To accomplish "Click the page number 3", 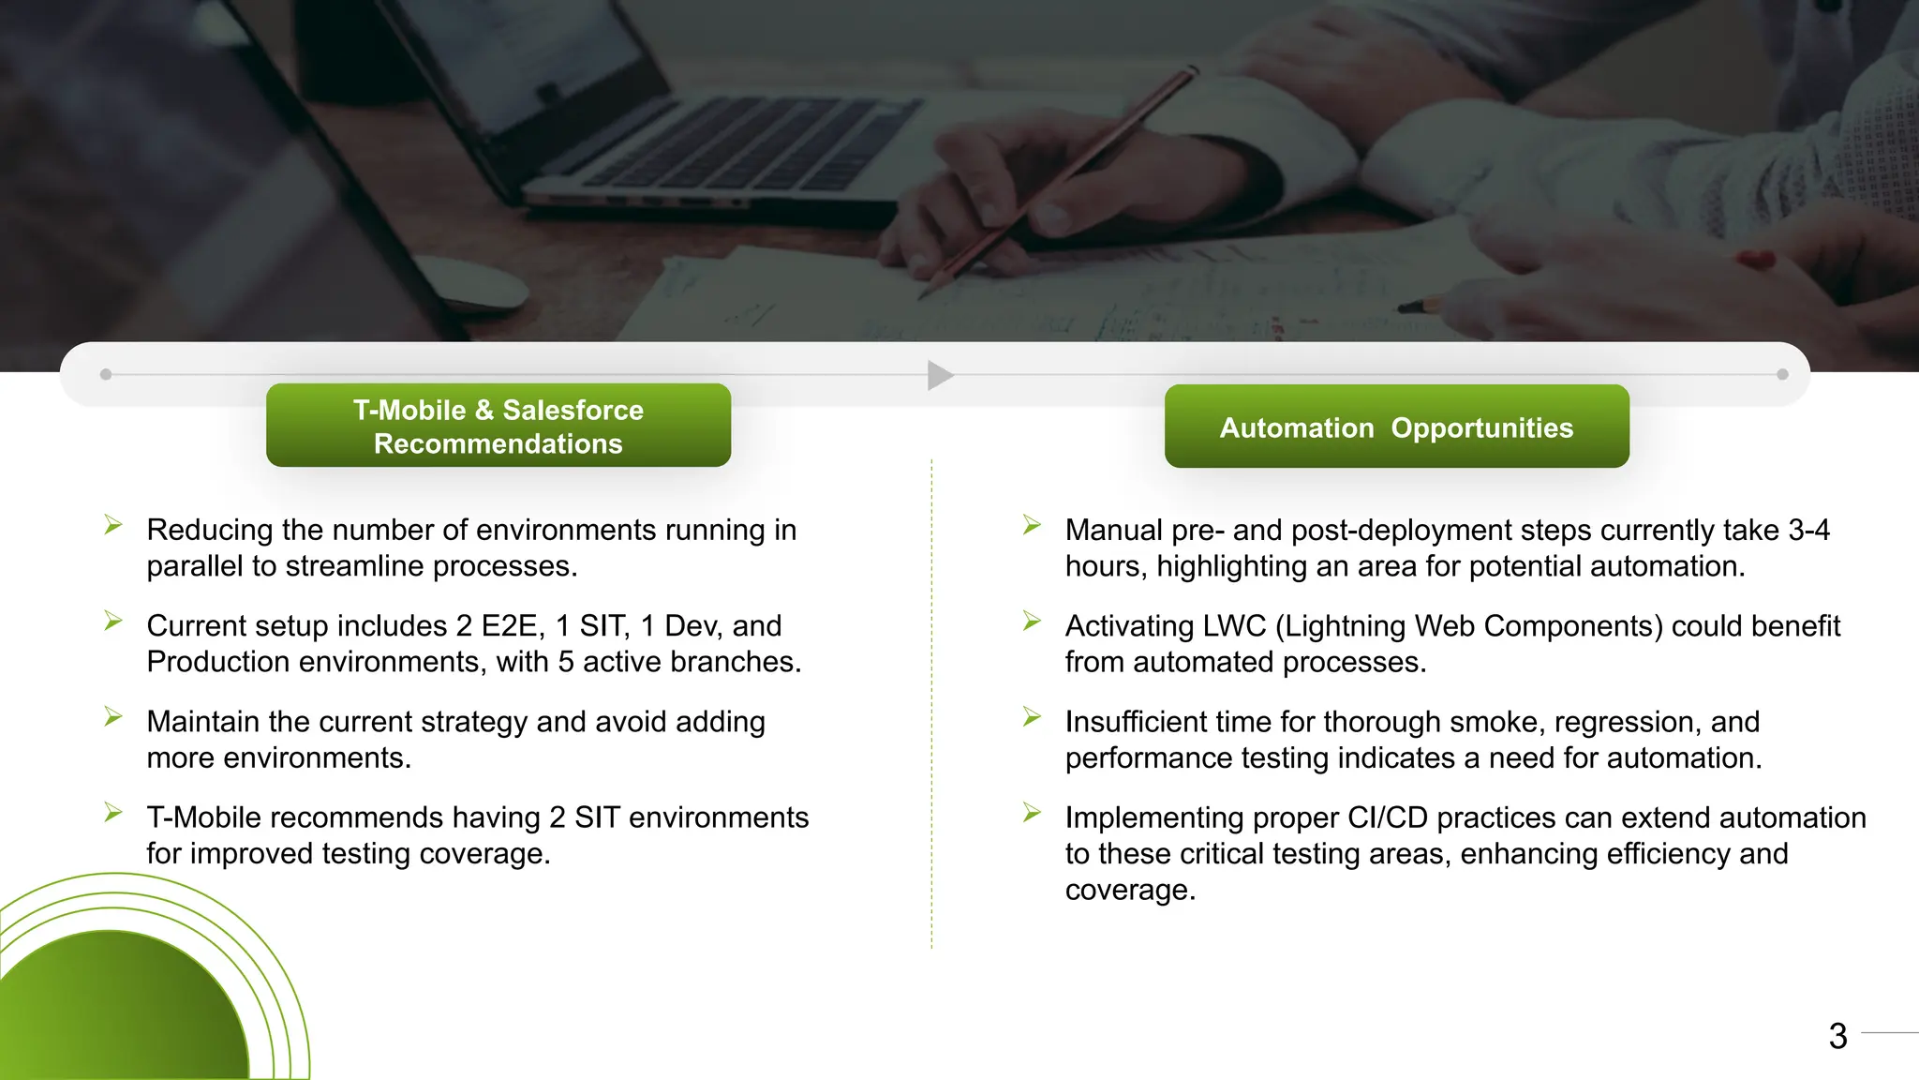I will tap(1837, 1036).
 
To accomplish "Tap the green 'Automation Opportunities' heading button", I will tap(1396, 427).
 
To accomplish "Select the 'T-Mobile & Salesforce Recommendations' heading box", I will tap(498, 426).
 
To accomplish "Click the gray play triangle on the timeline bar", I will tap(939, 375).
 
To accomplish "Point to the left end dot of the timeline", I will tap(106, 374).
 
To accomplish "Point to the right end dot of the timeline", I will tap(1782, 374).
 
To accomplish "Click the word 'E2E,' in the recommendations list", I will tap(513, 625).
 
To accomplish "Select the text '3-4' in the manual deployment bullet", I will tap(1808, 530).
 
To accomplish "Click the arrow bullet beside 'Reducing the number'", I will tap(113, 525).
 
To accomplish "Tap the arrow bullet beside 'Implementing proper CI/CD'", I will tap(1032, 812).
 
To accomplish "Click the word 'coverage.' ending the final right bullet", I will tap(1130, 890).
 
